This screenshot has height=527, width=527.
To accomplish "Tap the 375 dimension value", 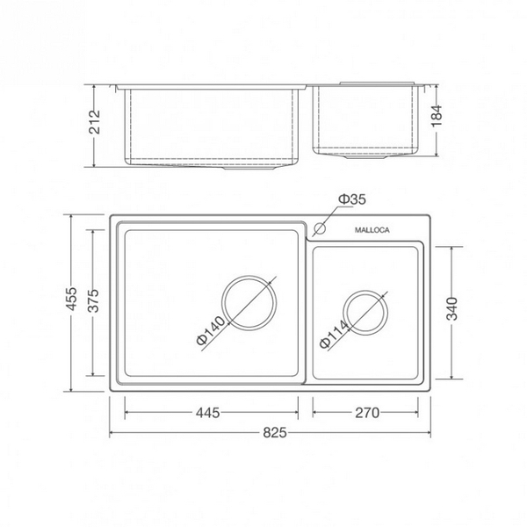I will click(94, 303).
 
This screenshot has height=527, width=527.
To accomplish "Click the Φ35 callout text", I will click(353, 200).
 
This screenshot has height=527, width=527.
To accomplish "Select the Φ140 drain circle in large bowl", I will click(249, 302).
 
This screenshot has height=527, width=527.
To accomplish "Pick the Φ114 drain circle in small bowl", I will click(365, 312).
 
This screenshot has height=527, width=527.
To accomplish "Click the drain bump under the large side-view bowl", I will click(255, 169).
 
